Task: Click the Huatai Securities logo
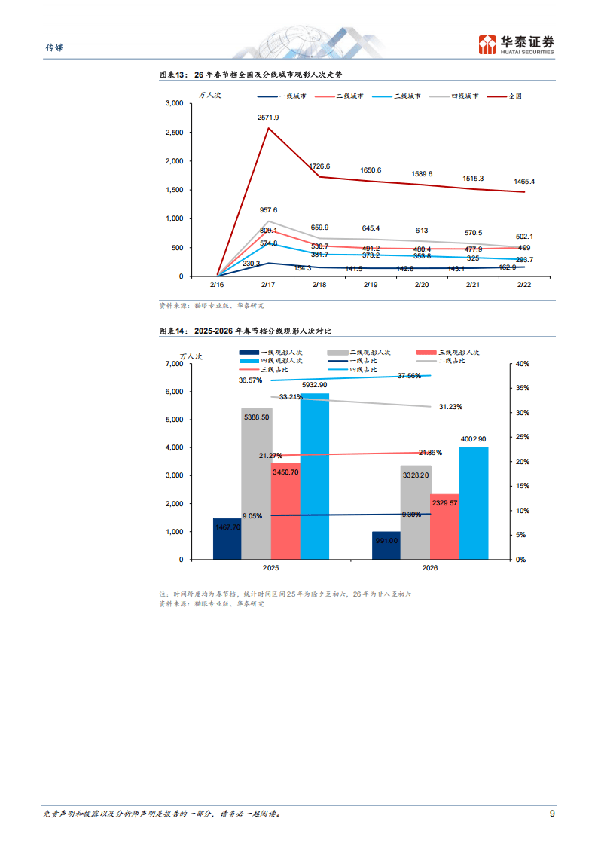click(517, 44)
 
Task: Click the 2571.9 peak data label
click(268, 118)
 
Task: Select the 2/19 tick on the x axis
click(371, 285)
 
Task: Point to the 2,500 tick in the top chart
click(173, 133)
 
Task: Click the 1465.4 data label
click(524, 182)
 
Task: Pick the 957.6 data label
click(268, 210)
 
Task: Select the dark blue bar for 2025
click(227, 539)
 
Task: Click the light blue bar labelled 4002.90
click(474, 503)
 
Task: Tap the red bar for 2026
click(444, 527)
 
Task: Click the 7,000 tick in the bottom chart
click(173, 364)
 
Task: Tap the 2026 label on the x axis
click(430, 568)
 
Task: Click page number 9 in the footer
click(552, 814)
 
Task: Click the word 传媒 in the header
click(55, 47)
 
